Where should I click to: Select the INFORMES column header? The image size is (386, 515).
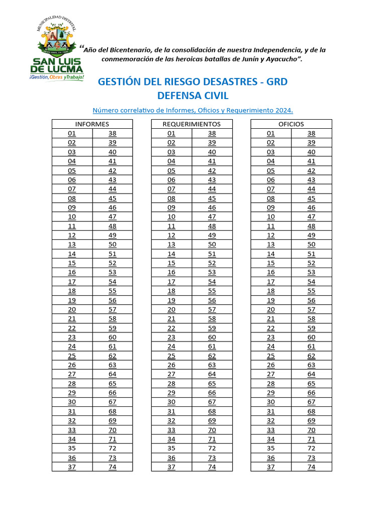click(x=92, y=124)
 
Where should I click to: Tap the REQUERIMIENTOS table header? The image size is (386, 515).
click(x=191, y=124)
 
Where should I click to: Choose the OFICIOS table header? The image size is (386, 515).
click(x=291, y=124)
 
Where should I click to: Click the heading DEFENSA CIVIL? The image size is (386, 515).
click(x=192, y=96)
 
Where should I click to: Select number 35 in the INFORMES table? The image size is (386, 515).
click(x=72, y=448)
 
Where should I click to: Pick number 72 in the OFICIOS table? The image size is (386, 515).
click(x=312, y=448)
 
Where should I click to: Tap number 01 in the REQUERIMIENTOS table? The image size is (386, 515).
click(x=171, y=133)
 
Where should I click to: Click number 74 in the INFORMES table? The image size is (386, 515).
click(x=113, y=467)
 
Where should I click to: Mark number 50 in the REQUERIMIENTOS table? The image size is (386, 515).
click(x=212, y=244)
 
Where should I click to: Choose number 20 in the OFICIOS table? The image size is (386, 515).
click(x=271, y=309)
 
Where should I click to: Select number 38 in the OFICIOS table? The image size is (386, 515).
click(x=312, y=133)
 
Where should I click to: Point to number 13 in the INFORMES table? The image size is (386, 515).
click(x=72, y=244)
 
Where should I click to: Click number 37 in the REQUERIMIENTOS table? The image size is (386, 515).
click(x=171, y=467)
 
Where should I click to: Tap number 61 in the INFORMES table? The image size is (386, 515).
click(x=113, y=347)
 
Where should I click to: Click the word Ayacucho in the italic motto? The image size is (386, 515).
click(x=281, y=59)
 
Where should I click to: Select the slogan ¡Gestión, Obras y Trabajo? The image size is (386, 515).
click(x=56, y=77)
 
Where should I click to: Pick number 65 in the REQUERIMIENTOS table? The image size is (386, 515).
click(x=212, y=383)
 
